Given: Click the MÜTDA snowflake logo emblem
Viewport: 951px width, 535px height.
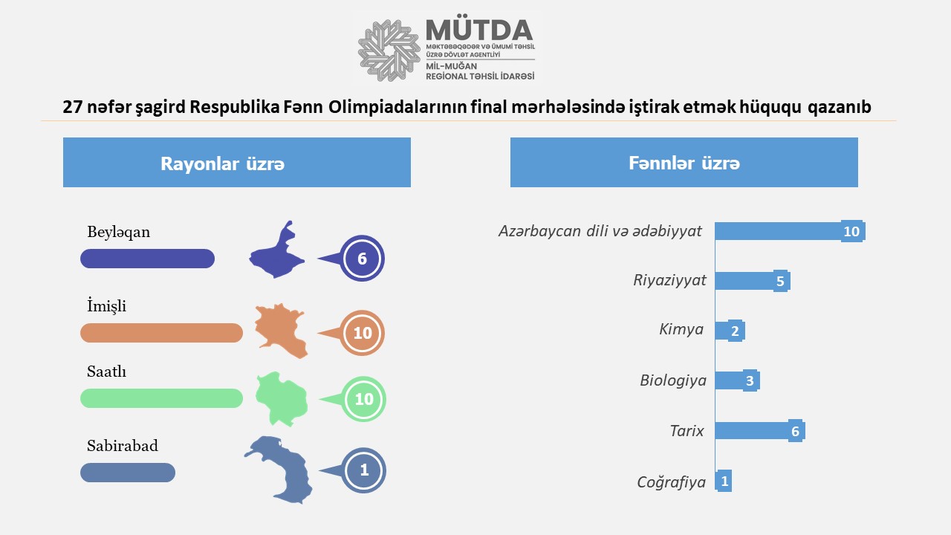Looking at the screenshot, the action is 389,51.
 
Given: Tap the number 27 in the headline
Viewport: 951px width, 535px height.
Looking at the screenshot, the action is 73,107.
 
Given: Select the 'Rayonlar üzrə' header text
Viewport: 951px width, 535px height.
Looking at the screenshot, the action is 222,164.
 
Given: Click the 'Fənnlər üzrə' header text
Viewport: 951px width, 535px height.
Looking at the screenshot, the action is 684,163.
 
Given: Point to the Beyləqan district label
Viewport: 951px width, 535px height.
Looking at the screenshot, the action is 118,233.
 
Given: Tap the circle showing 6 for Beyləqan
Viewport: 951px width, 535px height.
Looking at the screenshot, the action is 362,258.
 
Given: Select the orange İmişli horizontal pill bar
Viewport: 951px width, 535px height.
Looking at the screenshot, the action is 161,333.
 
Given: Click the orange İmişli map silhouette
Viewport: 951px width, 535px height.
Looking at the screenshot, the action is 281,331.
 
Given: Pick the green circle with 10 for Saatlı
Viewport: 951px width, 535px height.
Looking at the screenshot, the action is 364,399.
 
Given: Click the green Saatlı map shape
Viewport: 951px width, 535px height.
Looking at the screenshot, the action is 282,399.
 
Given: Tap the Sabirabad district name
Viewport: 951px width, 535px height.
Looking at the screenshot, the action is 123,446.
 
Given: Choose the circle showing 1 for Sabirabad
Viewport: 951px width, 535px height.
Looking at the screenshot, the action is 364,470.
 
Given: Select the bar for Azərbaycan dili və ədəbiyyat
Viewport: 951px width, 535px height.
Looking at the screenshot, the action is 790,231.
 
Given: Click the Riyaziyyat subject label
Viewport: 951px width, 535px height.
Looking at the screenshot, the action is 669,280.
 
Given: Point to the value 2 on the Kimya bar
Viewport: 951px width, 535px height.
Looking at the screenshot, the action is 735,331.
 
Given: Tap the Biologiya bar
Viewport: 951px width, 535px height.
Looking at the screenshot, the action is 737,380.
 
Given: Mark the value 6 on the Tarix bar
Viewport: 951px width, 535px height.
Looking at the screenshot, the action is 795,432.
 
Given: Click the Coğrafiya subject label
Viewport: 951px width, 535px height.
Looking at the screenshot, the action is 671,482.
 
